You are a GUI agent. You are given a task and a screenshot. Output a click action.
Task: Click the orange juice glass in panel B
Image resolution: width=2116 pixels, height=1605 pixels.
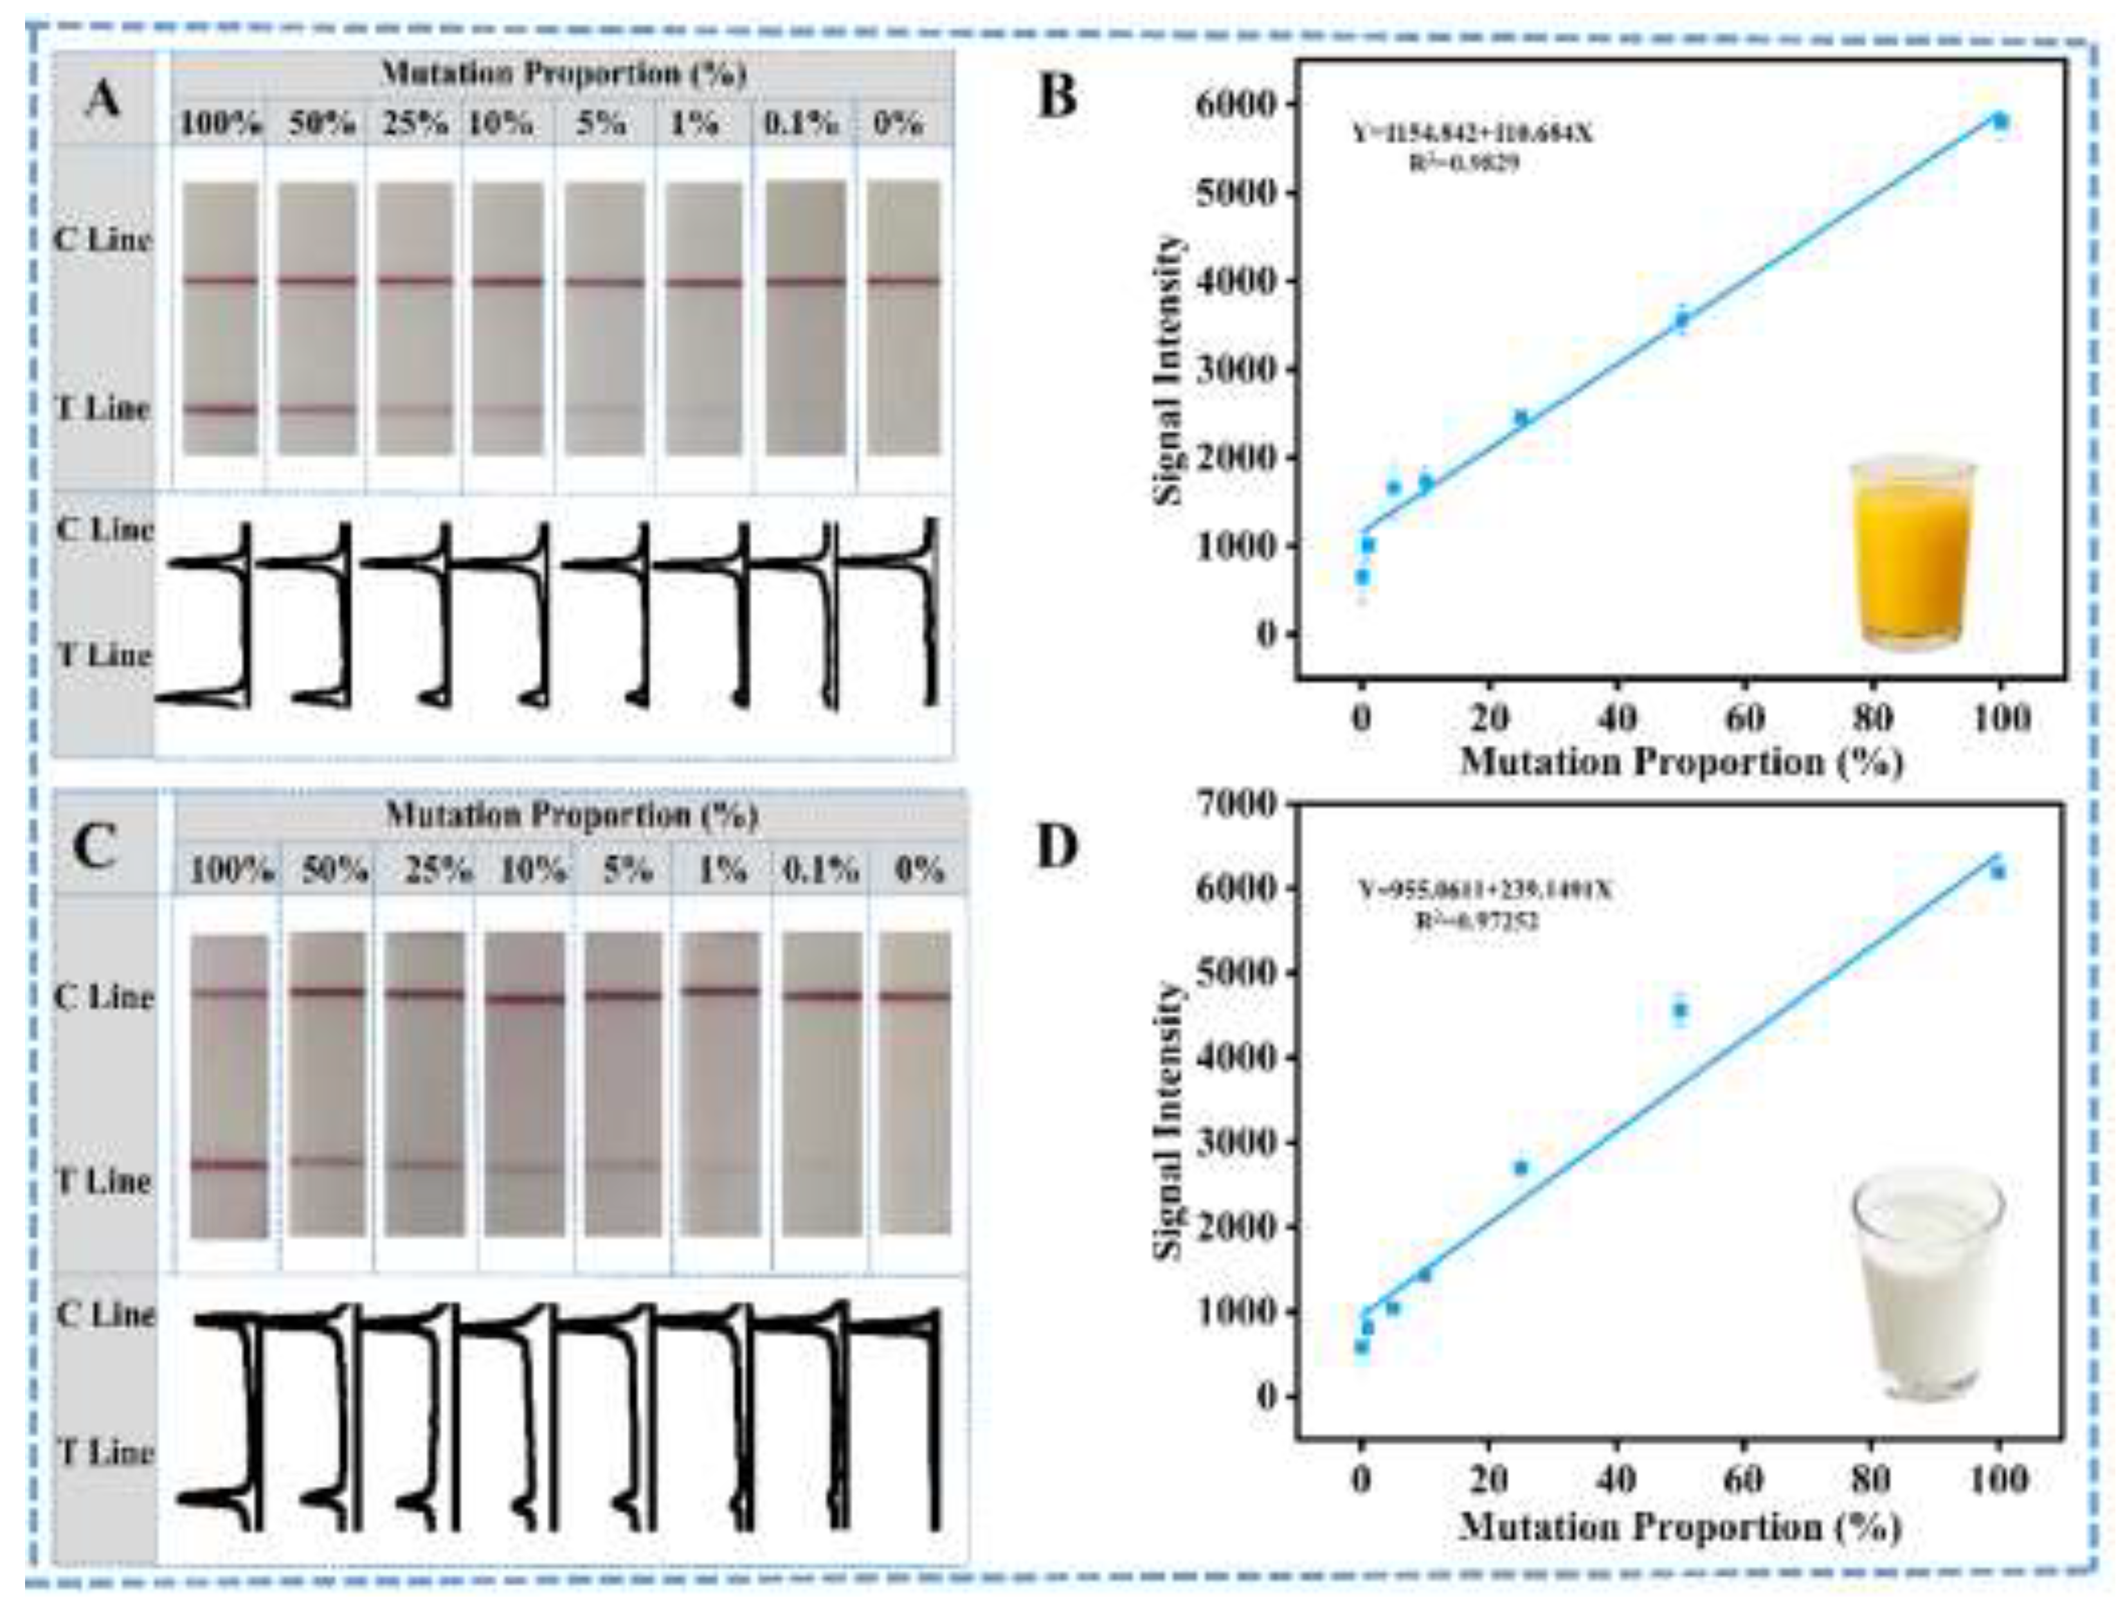pyautogui.click(x=1912, y=555)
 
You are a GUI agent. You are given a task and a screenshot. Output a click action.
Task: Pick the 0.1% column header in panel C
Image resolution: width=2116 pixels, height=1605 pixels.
pyautogui.click(x=820, y=869)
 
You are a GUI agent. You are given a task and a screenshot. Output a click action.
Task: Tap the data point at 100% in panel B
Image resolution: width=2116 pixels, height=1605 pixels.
pyautogui.click(x=1999, y=120)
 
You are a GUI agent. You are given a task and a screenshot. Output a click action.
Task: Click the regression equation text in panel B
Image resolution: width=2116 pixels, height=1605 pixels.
pyautogui.click(x=1472, y=133)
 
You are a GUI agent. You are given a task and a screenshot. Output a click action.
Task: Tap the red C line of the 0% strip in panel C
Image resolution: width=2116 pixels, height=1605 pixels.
pyautogui.click(x=914, y=997)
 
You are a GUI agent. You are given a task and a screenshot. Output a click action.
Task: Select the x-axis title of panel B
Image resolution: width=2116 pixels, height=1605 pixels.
pyautogui.click(x=1681, y=763)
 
